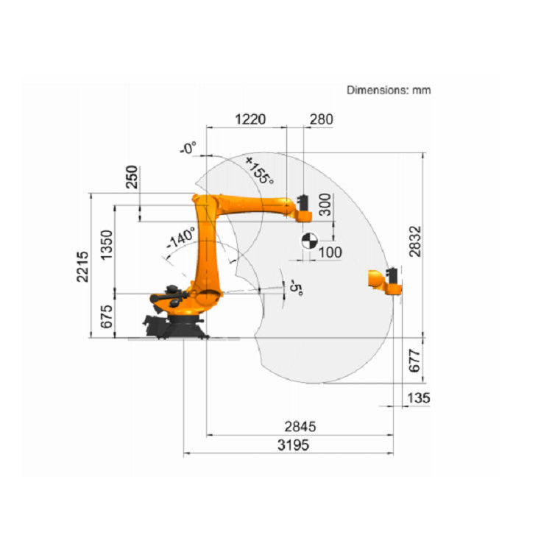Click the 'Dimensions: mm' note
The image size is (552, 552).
click(x=389, y=90)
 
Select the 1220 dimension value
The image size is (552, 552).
click(x=250, y=119)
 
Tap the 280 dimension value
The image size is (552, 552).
click(x=321, y=119)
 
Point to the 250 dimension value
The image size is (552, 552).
click(x=132, y=177)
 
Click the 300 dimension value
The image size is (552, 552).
click(x=325, y=205)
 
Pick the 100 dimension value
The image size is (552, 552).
click(x=330, y=252)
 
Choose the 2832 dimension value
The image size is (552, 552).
click(x=415, y=241)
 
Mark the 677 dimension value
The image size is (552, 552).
click(x=414, y=361)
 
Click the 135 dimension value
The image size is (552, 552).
click(x=419, y=398)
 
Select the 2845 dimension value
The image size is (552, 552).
click(x=300, y=427)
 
